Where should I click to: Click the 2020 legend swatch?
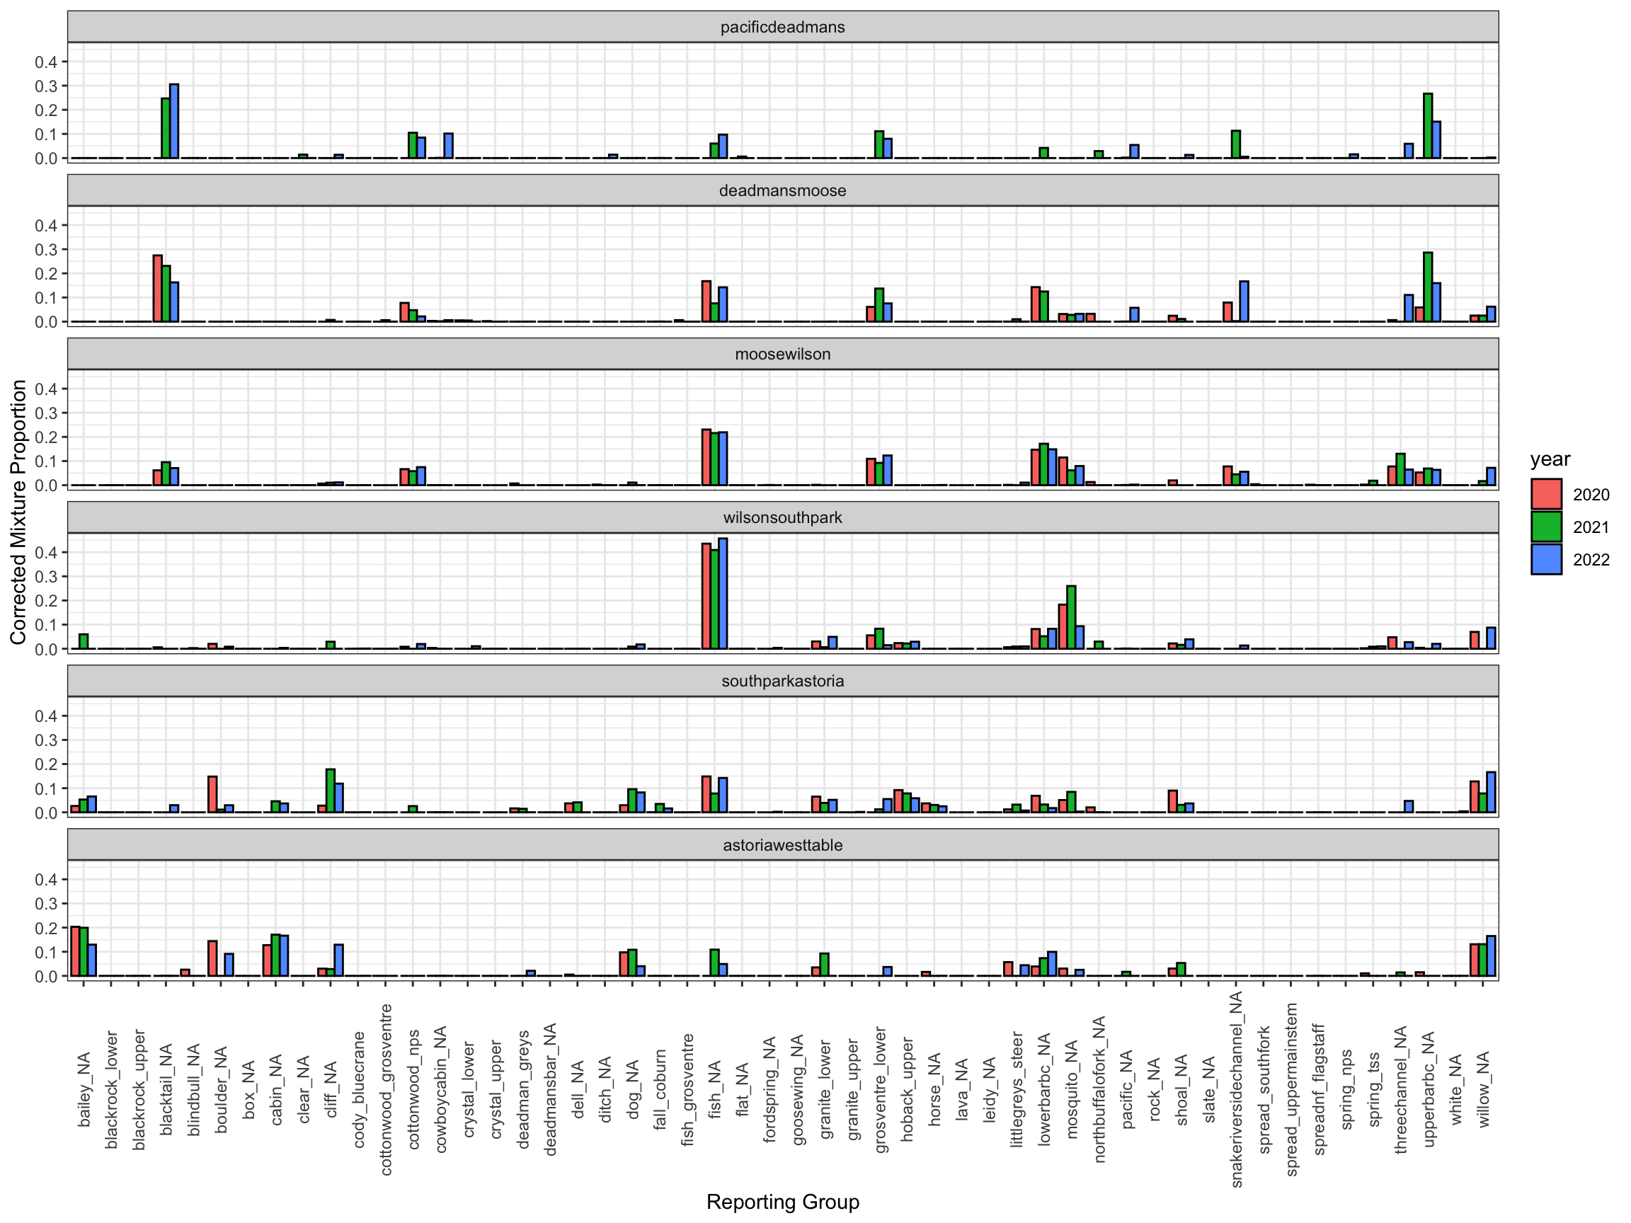click(1546, 494)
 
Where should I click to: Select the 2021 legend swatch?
click(1546, 527)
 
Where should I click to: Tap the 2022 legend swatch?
click(1546, 559)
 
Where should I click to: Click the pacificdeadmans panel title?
click(782, 28)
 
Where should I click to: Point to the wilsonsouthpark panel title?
click(782, 517)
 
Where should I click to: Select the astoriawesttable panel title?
click(782, 845)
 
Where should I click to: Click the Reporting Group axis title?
click(782, 1202)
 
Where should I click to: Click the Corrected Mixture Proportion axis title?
click(18, 512)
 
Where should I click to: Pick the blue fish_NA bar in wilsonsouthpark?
click(723, 593)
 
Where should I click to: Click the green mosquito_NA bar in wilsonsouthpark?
click(1071, 617)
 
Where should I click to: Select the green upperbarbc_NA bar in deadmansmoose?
click(1428, 287)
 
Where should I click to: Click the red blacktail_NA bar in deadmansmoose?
click(158, 288)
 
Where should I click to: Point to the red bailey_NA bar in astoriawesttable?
click(75, 951)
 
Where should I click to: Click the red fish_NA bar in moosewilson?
click(706, 457)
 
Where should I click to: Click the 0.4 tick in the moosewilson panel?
click(46, 389)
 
